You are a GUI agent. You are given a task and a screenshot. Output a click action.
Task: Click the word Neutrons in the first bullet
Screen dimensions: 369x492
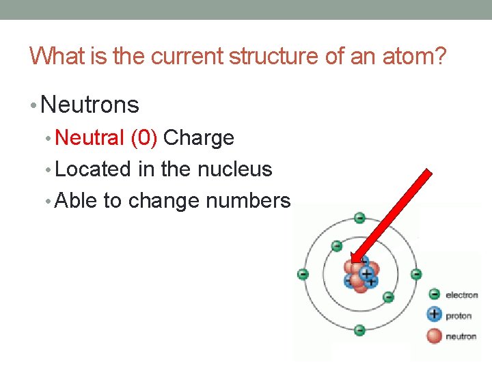[x=90, y=105]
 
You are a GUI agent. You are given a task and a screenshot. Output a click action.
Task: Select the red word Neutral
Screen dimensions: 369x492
[x=90, y=137]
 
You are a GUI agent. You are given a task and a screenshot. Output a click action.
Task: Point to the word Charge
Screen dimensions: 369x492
[x=199, y=137]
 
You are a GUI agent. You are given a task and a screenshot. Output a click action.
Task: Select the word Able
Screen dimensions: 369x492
[x=77, y=201]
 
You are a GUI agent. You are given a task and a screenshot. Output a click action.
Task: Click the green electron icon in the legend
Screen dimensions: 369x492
[x=434, y=295]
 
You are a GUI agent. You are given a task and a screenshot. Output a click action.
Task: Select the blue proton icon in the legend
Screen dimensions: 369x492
[x=434, y=315]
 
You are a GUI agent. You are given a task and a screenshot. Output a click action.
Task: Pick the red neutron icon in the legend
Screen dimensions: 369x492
[x=434, y=336]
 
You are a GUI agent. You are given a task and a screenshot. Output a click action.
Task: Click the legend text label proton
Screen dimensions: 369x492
[x=459, y=316]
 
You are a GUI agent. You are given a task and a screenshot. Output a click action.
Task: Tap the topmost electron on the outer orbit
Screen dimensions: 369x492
[x=359, y=219]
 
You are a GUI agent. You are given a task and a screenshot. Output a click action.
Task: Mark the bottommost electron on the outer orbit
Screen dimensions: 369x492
[x=359, y=330]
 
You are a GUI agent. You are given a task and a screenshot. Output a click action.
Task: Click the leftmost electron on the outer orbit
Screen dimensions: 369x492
[x=303, y=275]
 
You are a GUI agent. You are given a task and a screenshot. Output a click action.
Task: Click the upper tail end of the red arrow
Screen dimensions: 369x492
[x=428, y=174]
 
